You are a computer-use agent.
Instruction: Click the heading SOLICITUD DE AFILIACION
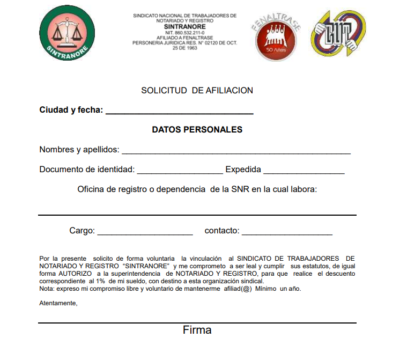pyautogui.click(x=197, y=91)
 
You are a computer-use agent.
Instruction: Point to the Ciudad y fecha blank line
pyautogui.click(x=179, y=112)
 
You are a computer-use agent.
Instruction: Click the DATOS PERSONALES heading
pyautogui.click(x=197, y=129)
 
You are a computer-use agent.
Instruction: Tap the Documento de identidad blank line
pyautogui.click(x=180, y=171)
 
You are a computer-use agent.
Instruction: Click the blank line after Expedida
pyautogui.click(x=304, y=171)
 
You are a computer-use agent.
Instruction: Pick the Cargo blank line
pyautogui.click(x=145, y=232)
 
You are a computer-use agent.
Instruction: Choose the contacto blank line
pyautogui.click(x=287, y=232)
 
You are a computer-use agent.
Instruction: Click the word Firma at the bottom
pyautogui.click(x=197, y=330)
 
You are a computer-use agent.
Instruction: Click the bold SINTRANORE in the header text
pyautogui.click(x=184, y=26)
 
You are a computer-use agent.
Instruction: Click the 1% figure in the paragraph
pyautogui.click(x=100, y=281)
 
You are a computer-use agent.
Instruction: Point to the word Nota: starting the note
pyautogui.click(x=47, y=289)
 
